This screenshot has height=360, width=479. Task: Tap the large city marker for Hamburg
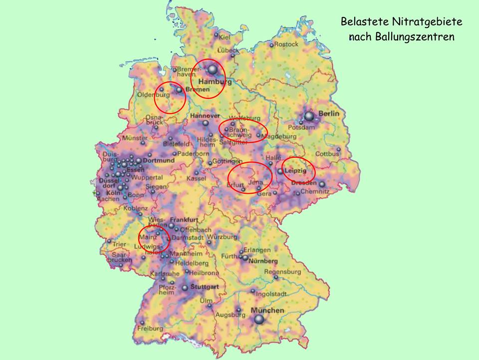[213, 69]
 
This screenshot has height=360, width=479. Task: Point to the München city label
[267, 310]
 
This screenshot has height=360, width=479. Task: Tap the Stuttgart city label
[205, 287]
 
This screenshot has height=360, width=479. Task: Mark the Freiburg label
[151, 329]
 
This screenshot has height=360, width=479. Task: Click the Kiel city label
[225, 36]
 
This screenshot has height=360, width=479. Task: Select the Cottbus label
[327, 154]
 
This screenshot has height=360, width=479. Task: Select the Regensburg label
[282, 272]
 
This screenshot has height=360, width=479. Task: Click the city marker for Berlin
[309, 116]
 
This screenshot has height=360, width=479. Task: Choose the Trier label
[120, 245]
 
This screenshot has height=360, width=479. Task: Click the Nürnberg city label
[264, 261]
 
